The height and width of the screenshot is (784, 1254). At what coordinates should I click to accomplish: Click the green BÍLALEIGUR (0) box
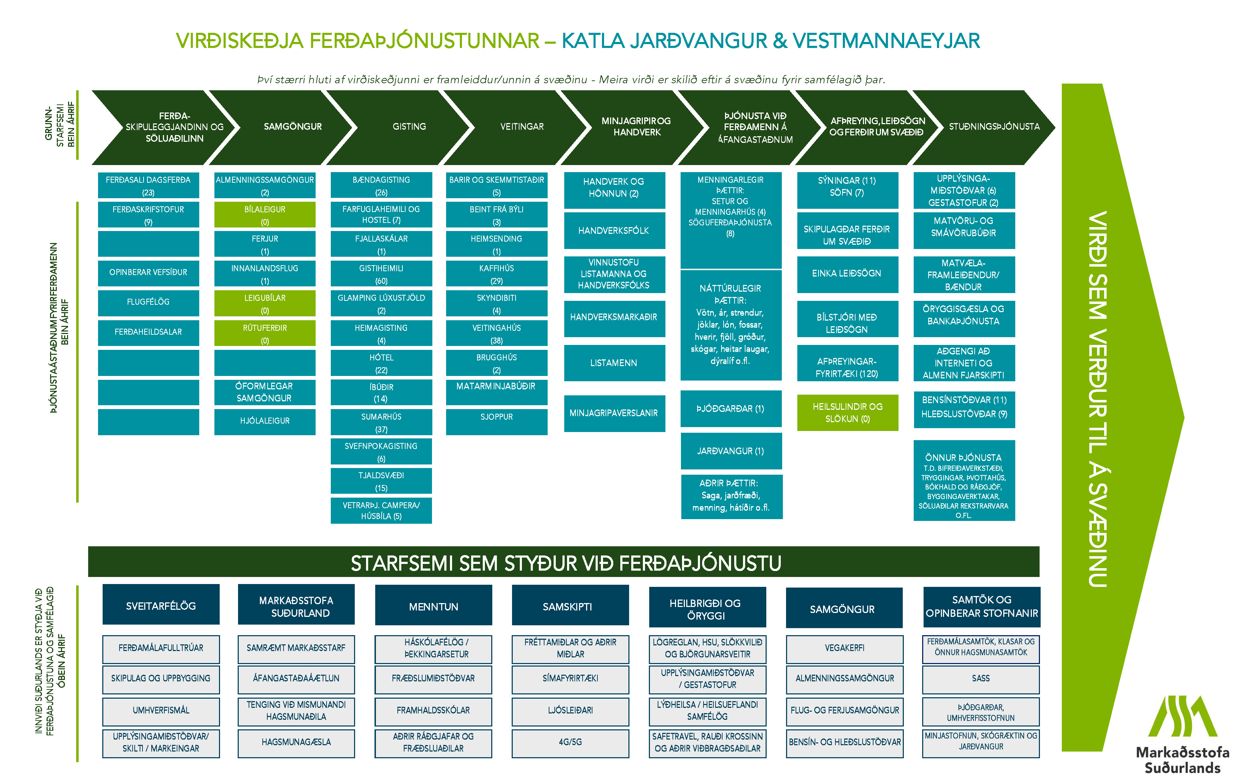(x=264, y=215)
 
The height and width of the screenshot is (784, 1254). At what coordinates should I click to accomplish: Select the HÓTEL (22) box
(x=381, y=363)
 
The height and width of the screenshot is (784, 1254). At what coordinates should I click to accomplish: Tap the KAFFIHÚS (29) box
(x=496, y=274)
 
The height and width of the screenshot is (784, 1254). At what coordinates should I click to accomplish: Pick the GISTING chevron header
(x=409, y=127)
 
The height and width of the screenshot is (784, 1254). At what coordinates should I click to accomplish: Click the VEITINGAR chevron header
(x=522, y=127)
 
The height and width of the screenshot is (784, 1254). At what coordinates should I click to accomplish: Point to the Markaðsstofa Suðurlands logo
(x=1182, y=734)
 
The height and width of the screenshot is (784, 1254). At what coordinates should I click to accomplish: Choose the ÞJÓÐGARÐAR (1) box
(x=730, y=409)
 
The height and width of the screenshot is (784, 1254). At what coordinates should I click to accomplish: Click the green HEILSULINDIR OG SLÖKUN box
(x=847, y=413)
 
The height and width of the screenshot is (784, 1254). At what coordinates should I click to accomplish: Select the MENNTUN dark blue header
(x=433, y=606)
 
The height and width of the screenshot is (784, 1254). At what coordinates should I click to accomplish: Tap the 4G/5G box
(x=570, y=742)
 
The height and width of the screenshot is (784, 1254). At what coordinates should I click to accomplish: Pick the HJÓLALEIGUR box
(x=264, y=421)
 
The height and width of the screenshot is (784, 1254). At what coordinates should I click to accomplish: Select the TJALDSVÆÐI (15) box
(x=381, y=481)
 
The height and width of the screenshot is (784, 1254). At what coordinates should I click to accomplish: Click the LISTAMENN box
(x=614, y=363)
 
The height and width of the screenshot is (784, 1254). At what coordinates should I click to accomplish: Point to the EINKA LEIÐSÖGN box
(x=847, y=273)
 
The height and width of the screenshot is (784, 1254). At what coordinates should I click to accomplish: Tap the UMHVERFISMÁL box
(x=161, y=710)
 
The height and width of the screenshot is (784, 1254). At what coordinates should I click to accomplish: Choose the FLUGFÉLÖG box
(x=148, y=302)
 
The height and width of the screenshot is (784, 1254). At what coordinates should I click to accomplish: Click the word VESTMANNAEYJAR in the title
(x=886, y=41)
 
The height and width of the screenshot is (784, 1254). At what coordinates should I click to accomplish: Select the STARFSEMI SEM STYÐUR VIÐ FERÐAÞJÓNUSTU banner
(x=565, y=563)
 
